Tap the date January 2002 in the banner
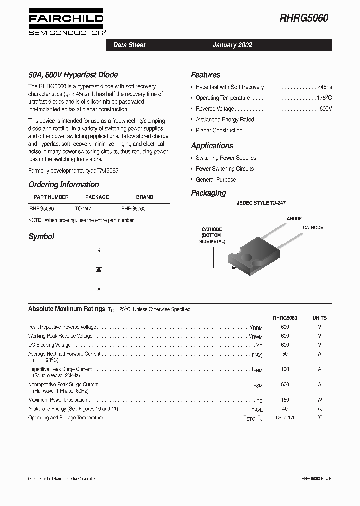pos(232,45)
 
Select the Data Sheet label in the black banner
pos(129,45)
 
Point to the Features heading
pos(205,75)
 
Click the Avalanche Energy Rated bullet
pos(225,120)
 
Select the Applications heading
pos(212,146)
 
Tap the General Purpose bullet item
pos(216,180)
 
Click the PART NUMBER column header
pos(51,197)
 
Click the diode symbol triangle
pos(99,269)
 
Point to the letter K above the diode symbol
pos(99,250)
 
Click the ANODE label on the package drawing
pos(294,219)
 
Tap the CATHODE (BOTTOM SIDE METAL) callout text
pos(212,235)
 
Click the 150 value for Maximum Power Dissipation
pos(285,400)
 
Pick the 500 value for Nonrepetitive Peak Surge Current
pos(285,385)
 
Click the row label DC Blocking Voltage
pos(50,345)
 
